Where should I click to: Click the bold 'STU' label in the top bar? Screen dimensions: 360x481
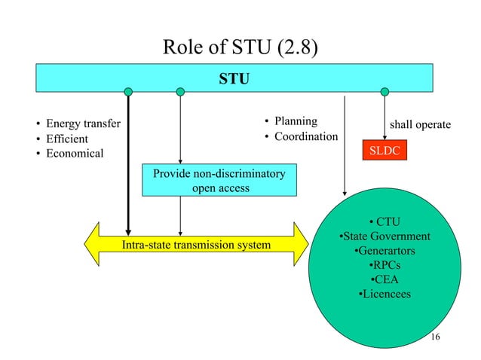pyautogui.click(x=234, y=78)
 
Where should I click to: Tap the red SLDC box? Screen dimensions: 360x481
pyautogui.click(x=385, y=151)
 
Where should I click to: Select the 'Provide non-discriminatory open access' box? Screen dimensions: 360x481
pyautogui.click(x=219, y=182)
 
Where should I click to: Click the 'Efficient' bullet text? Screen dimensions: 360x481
pyautogui.click(x=67, y=139)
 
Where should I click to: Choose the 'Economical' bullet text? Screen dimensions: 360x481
pyautogui.click(x=75, y=154)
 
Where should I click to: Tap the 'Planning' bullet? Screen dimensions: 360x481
pyautogui.click(x=295, y=121)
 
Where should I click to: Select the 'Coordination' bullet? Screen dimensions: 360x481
pyautogui.click(x=305, y=136)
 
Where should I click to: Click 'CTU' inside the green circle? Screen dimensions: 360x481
pyautogui.click(x=388, y=221)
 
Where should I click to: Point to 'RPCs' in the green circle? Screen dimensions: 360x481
pyautogui.click(x=388, y=265)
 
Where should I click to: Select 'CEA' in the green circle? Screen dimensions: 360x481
pyautogui.click(x=388, y=279)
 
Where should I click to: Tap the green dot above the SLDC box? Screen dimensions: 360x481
pyautogui.click(x=385, y=92)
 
